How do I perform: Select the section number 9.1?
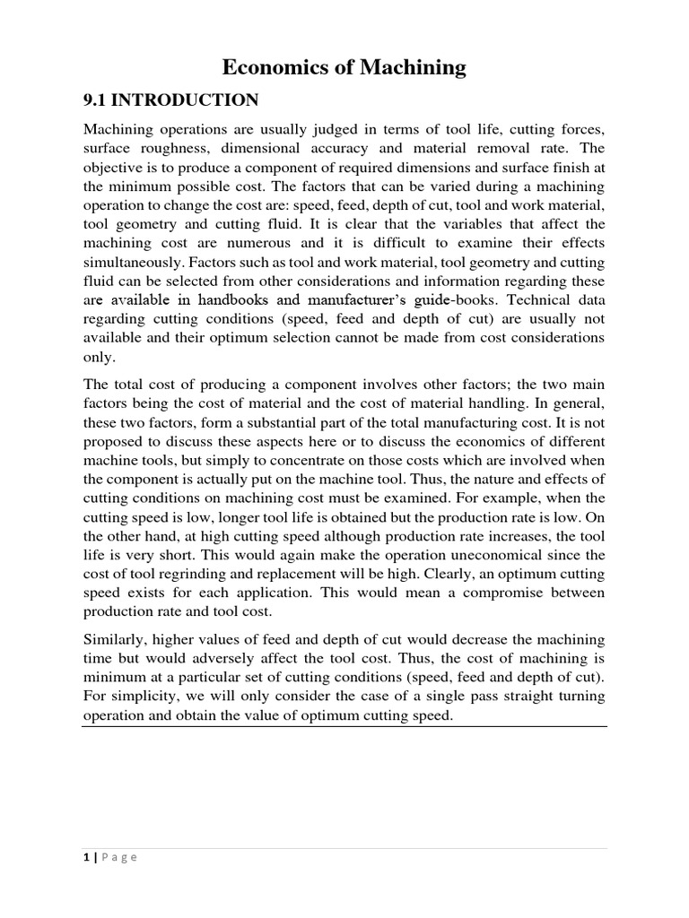click(97, 100)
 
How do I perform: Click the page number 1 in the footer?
click(84, 857)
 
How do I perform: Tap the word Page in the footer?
click(118, 857)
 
